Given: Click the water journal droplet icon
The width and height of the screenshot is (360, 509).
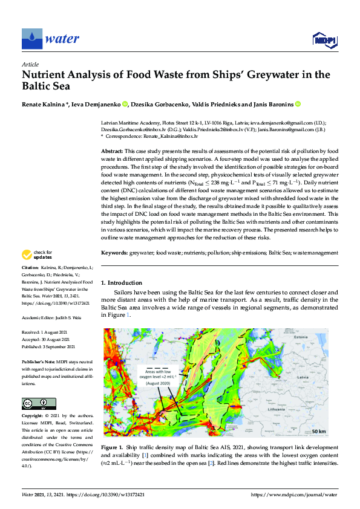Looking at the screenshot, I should [31, 39].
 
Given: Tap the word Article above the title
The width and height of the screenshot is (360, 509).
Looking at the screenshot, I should [30, 64].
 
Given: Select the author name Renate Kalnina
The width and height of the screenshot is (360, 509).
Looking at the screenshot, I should [45, 104].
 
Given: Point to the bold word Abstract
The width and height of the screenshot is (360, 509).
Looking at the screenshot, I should [111, 151].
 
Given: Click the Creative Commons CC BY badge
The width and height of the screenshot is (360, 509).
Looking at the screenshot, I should [39, 404].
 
